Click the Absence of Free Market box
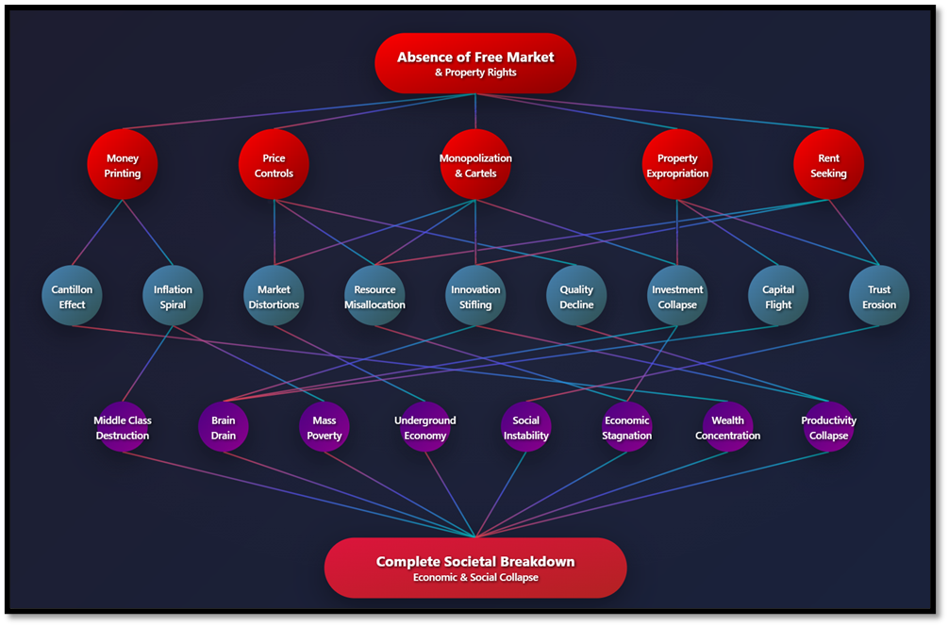pyautogui.click(x=475, y=63)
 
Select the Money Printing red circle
pyautogui.click(x=123, y=165)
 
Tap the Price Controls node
pyautogui.click(x=274, y=165)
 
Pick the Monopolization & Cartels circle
pyautogui.click(x=475, y=165)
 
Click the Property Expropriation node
pyautogui.click(x=677, y=165)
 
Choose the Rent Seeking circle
pyautogui.click(x=828, y=165)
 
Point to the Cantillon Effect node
pyautogui.click(x=72, y=296)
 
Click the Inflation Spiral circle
pyautogui.click(x=173, y=296)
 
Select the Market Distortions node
pyautogui.click(x=274, y=296)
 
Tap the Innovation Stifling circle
pyautogui.click(x=475, y=296)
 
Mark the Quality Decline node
pyautogui.click(x=576, y=296)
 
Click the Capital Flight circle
pyautogui.click(x=778, y=296)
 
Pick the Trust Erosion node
pyautogui.click(x=879, y=296)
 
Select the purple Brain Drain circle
pyautogui.click(x=224, y=427)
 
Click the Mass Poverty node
pyautogui.click(x=324, y=427)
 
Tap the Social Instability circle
pyautogui.click(x=526, y=427)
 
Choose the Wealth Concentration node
pyautogui.click(x=727, y=427)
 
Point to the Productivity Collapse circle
pyautogui.click(x=828, y=427)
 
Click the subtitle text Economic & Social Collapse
pyautogui.click(x=475, y=577)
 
